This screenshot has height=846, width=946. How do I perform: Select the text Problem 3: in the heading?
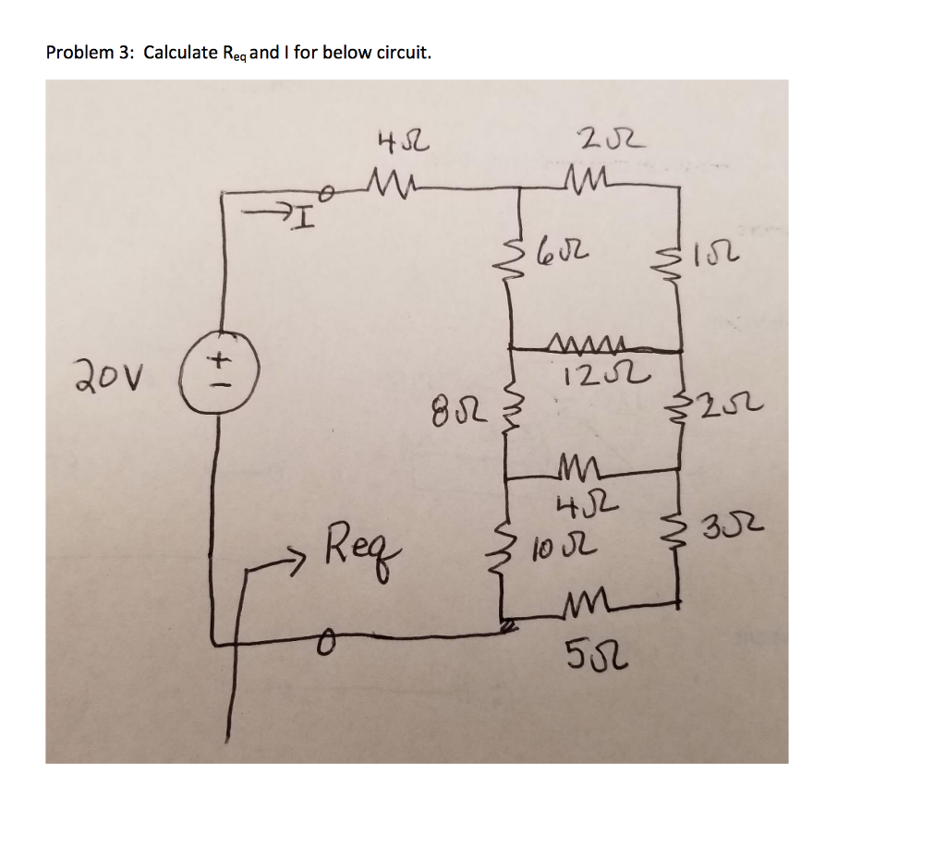coord(90,53)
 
